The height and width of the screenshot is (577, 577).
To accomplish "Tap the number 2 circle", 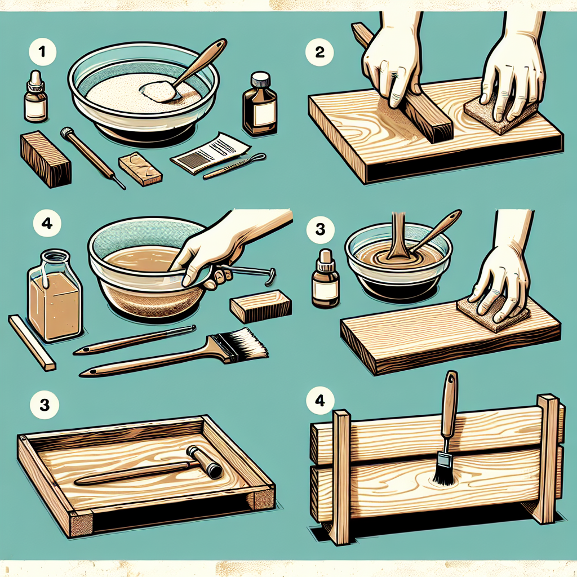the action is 319,52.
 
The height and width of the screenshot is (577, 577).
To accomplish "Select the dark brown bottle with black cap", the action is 259,104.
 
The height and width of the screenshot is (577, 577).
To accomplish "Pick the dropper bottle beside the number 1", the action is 35,96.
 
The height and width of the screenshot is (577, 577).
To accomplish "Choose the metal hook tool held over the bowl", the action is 250,274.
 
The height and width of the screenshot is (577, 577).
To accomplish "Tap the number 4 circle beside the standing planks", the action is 320,400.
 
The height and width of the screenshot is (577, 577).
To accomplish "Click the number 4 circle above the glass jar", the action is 47,223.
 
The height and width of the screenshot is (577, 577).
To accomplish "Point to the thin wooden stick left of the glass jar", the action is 32,342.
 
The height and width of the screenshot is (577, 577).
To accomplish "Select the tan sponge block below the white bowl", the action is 140,168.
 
